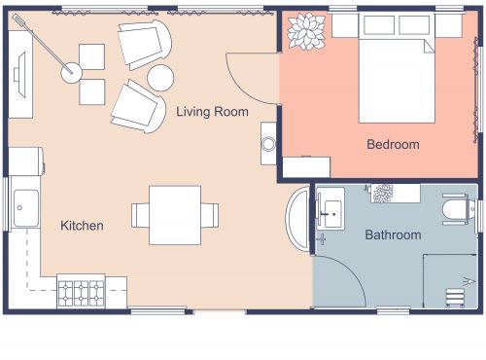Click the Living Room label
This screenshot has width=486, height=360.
click(x=212, y=112)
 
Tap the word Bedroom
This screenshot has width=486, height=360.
click(x=393, y=145)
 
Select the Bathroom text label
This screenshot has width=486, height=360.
click(x=393, y=234)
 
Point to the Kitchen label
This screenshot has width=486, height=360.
click(x=82, y=226)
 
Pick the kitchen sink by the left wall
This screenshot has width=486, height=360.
click(x=25, y=207)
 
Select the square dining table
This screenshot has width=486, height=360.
click(x=174, y=214)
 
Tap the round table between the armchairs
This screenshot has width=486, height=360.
click(x=161, y=77)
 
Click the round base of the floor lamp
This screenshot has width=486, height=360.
click(x=71, y=70)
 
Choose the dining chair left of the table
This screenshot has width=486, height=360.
click(x=140, y=214)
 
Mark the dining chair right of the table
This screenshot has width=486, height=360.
click(x=210, y=214)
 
